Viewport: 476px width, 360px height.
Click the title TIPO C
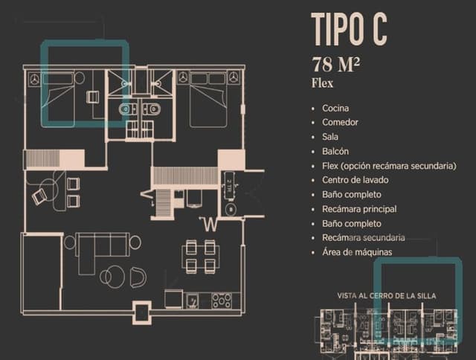coord(349,30)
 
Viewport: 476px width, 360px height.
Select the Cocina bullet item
coord(335,109)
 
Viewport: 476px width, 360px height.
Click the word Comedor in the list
coord(340,123)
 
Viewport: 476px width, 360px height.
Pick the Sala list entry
coord(330,137)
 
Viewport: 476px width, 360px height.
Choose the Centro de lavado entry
coord(355,180)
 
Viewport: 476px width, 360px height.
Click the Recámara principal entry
coord(359,209)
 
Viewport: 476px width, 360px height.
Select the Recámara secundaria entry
coord(363,238)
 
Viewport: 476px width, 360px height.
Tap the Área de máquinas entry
coord(356,252)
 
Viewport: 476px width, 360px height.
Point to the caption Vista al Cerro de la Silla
coord(387,296)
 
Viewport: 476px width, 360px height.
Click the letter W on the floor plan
coord(212,223)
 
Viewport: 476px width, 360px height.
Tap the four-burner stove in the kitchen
coord(221,300)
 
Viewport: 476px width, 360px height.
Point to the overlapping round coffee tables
coord(111,276)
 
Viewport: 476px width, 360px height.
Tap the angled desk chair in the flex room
coord(40,196)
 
